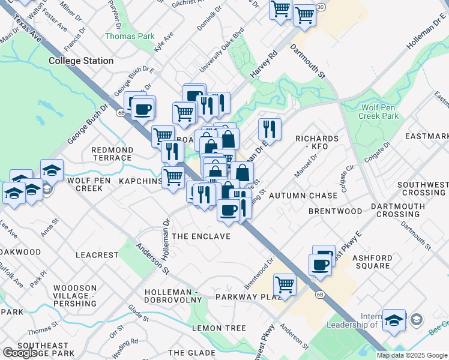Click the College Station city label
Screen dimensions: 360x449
[x=81, y=61]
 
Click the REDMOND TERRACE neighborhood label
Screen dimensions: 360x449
[x=112, y=154]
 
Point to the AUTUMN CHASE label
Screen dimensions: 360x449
[x=303, y=196]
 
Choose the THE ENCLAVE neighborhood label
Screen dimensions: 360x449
[x=201, y=236]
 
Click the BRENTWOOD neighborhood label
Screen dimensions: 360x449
[x=335, y=211]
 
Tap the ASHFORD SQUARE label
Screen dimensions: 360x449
[x=372, y=262]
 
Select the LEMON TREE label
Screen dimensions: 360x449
[x=219, y=328]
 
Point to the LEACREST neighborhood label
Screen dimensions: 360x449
[x=97, y=255]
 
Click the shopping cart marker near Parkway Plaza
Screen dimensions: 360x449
[x=285, y=284]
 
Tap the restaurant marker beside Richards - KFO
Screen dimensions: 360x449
[x=270, y=128]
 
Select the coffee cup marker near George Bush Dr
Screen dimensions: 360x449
[x=143, y=109]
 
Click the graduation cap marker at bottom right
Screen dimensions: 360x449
[x=394, y=320]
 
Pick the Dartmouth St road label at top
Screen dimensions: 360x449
[x=307, y=61]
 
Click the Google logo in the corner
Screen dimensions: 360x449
[x=20, y=353]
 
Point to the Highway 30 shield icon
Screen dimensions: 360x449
[x=322, y=7]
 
